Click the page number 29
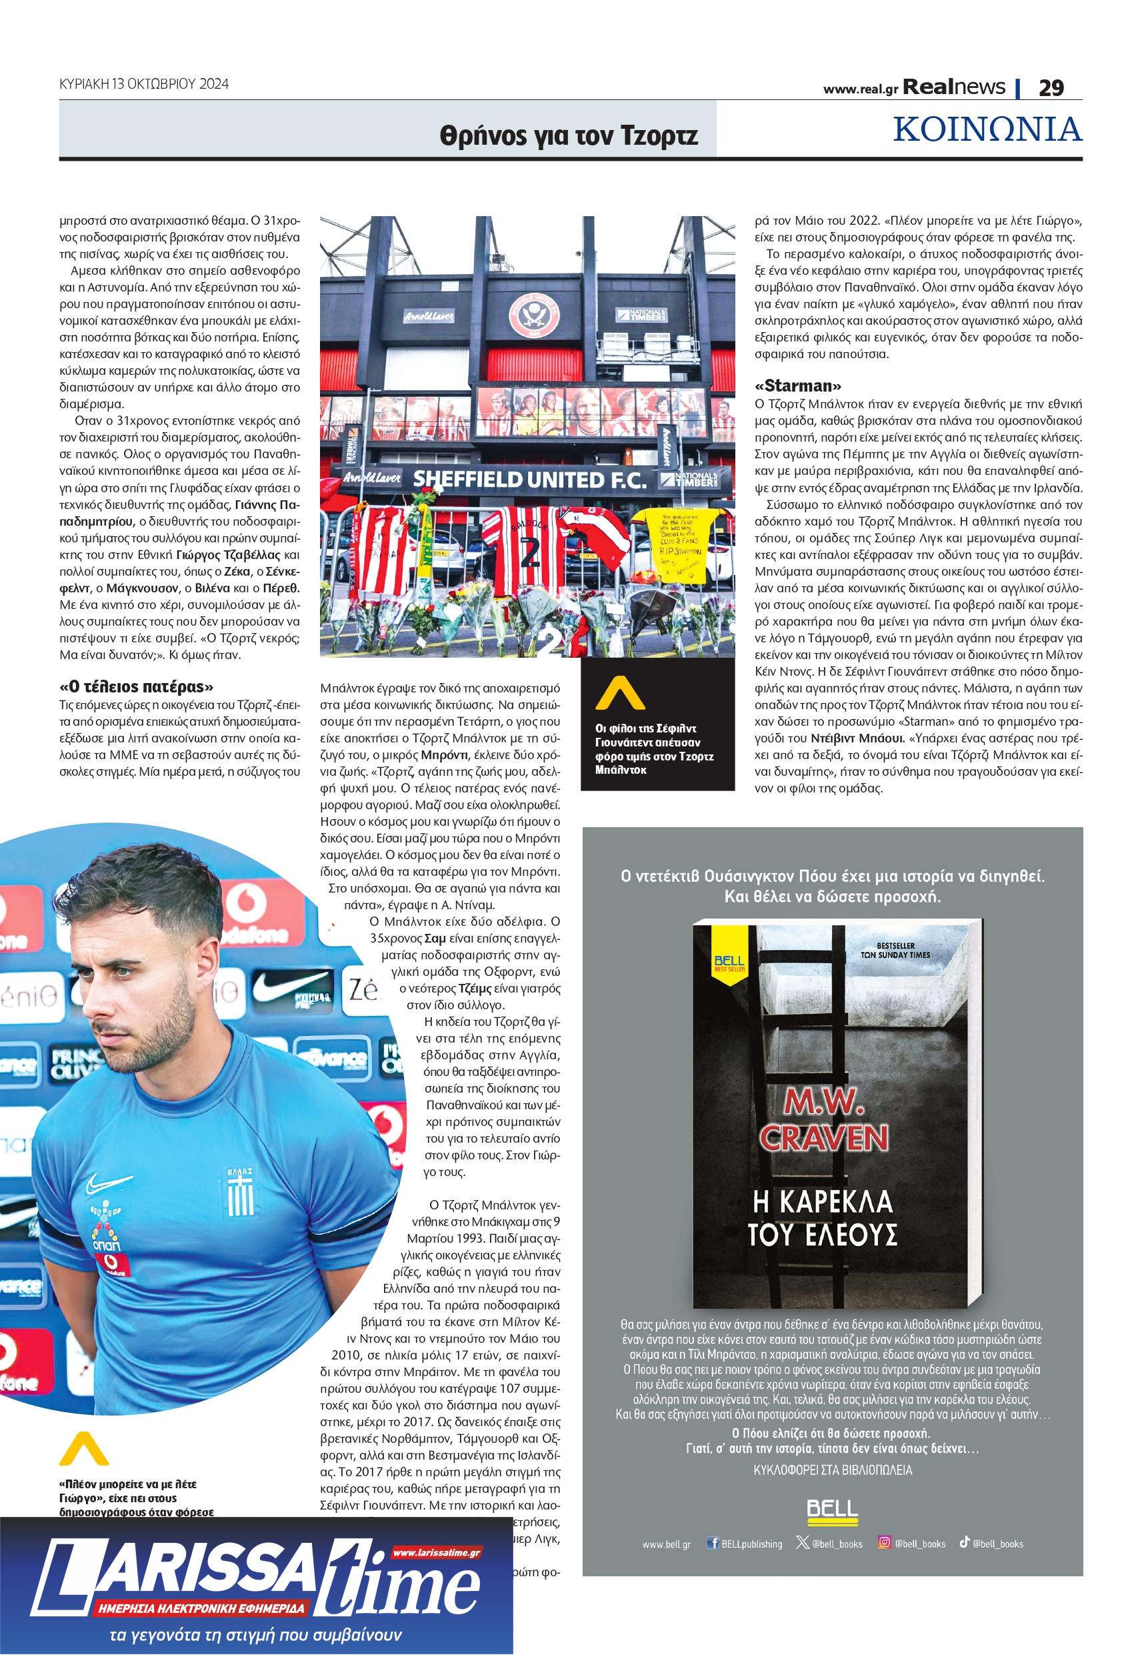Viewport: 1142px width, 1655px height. [x=1051, y=87]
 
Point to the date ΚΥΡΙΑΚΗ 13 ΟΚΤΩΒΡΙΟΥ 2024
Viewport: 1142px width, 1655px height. [x=144, y=84]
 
